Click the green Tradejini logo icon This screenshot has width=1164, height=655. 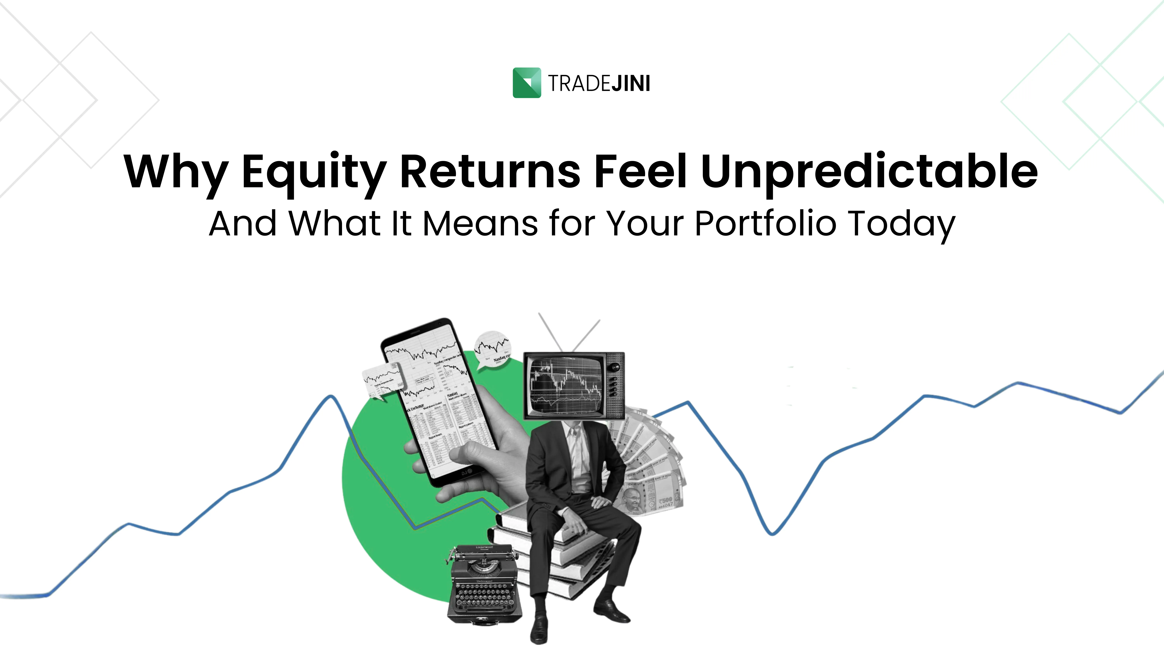pos(527,83)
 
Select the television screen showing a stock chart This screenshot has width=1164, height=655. pos(566,386)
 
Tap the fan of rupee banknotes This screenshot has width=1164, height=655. pos(651,466)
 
